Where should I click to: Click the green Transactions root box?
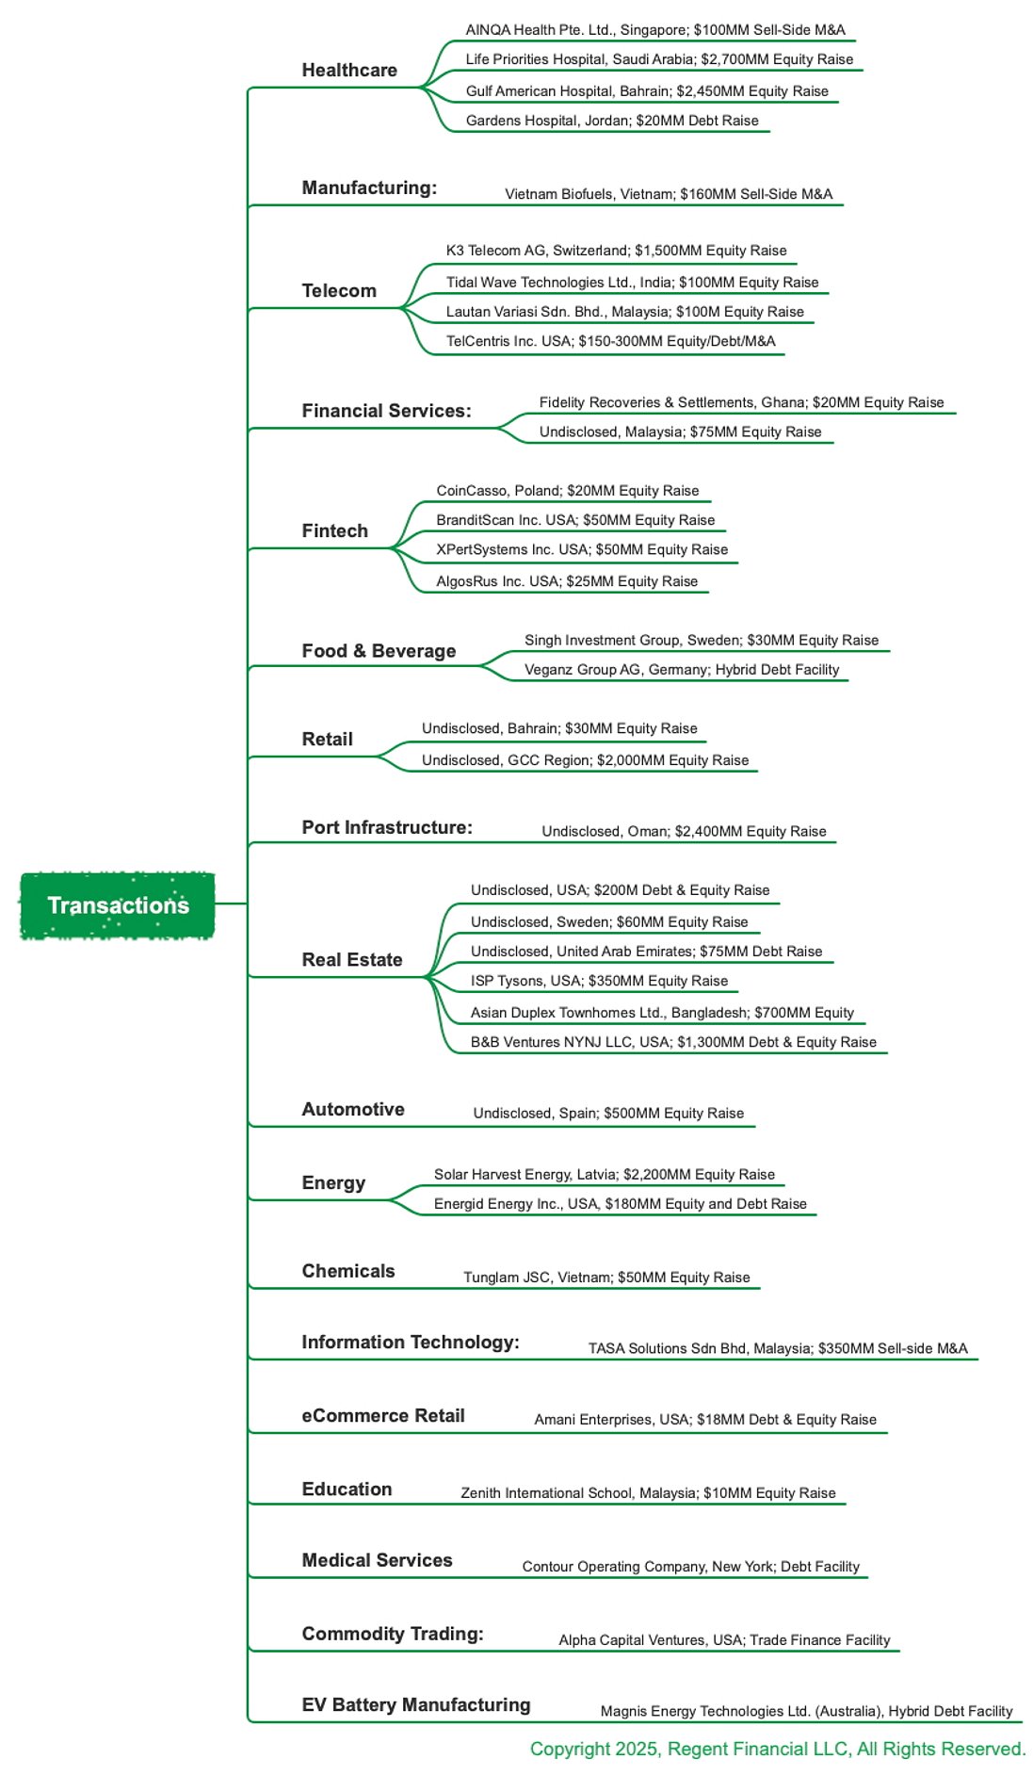(118, 905)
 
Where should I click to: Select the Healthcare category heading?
(349, 71)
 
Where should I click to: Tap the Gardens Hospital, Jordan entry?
(612, 121)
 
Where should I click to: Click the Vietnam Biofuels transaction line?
(669, 194)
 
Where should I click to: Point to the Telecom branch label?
(339, 291)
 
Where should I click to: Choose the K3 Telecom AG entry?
(616, 251)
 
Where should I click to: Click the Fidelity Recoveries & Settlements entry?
(741, 402)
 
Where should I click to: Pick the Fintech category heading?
(335, 531)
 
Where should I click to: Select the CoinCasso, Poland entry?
(568, 491)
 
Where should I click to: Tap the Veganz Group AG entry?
(682, 670)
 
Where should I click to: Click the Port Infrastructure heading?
(387, 828)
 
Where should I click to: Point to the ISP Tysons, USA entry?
(599, 981)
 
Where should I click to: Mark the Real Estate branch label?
(352, 960)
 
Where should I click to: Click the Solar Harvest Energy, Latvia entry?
(605, 1175)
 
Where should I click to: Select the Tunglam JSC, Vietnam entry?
(606, 1278)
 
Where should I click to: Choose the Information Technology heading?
(411, 1343)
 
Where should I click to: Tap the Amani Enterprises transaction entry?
(705, 1420)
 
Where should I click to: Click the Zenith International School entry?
(648, 1493)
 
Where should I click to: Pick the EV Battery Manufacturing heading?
(416, 1705)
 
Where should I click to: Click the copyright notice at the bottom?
(778, 1750)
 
